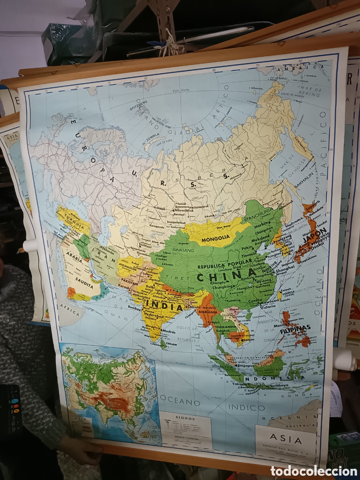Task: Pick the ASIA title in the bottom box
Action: click(x=286, y=439)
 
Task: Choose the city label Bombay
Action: click(x=134, y=307)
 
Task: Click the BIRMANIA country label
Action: click(x=207, y=312)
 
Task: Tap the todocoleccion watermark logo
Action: click(x=313, y=471)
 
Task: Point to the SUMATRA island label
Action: click(x=222, y=367)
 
